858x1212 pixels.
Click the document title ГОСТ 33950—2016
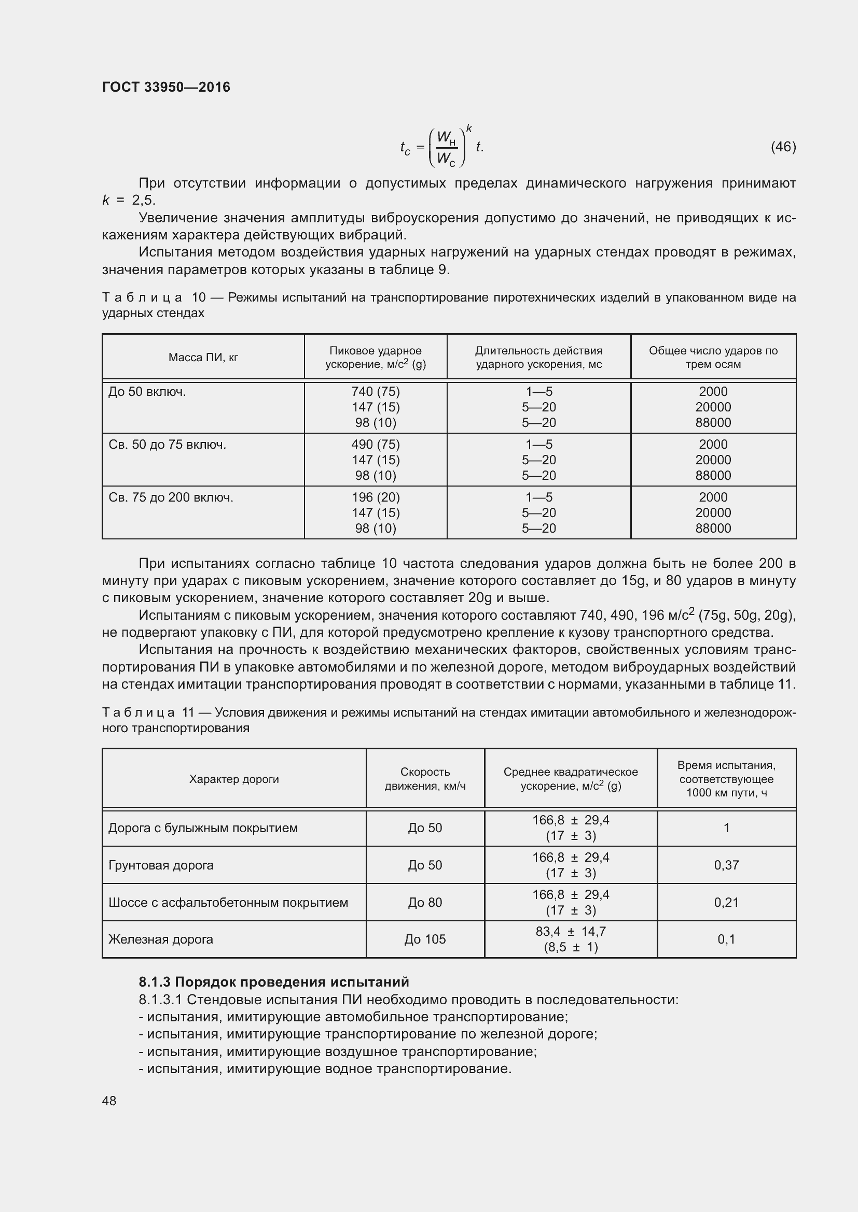[166, 87]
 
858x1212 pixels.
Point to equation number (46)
[783, 147]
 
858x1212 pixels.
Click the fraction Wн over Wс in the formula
[447, 148]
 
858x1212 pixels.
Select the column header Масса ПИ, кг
[203, 358]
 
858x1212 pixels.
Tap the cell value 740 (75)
[375, 392]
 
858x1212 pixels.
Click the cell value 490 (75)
[375, 445]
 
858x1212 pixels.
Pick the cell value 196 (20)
[375, 497]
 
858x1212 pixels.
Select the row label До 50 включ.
[147, 392]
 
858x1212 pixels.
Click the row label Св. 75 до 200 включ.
[171, 497]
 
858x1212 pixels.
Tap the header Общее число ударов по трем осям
[713, 358]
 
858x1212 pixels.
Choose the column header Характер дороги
[234, 779]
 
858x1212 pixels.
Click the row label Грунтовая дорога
[161, 865]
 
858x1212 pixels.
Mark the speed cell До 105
[425, 939]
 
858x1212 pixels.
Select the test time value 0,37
[726, 865]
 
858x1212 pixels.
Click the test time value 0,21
[726, 902]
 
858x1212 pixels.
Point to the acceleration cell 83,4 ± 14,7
[571, 932]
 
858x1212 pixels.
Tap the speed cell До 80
[425, 902]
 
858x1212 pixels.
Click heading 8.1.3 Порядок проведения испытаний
[274, 982]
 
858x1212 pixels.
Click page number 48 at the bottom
[109, 1101]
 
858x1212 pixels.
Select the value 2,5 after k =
[144, 200]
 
